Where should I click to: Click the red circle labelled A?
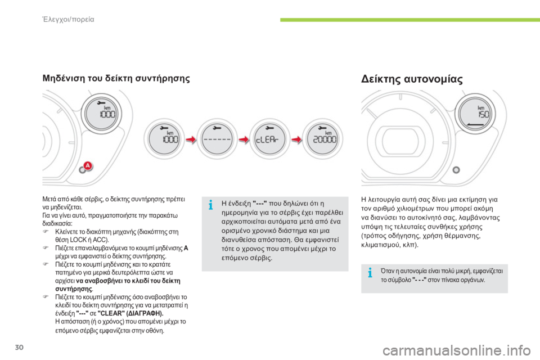[x=88, y=166]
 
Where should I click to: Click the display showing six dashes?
[x=217, y=139]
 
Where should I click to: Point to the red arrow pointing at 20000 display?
[x=296, y=139]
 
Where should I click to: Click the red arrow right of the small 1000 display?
[x=191, y=139]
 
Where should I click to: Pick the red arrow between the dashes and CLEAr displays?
[x=244, y=139]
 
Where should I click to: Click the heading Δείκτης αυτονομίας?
[x=412, y=79]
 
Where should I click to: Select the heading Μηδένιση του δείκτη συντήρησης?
[x=116, y=79]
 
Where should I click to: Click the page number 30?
[x=19, y=347]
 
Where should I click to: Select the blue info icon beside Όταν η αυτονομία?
[x=370, y=273]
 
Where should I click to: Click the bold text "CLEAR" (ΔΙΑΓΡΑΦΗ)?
[x=130, y=313]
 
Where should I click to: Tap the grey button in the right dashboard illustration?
[x=456, y=170]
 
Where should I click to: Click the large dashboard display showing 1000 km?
[x=102, y=114]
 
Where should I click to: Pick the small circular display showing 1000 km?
[x=164, y=139]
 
